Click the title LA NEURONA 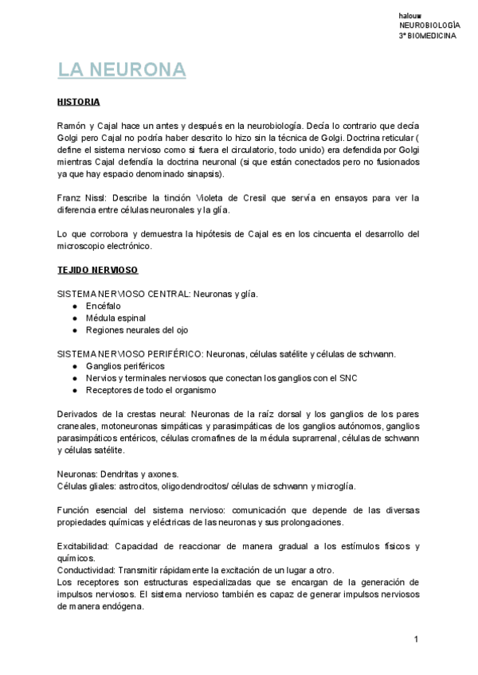click(122, 70)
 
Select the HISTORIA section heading click(79, 102)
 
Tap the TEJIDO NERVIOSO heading click(98, 270)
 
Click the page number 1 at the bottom click(416, 640)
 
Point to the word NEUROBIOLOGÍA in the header click(429, 26)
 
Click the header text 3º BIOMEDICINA click(429, 37)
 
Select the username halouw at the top click(409, 16)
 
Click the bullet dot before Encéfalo click(73, 306)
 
